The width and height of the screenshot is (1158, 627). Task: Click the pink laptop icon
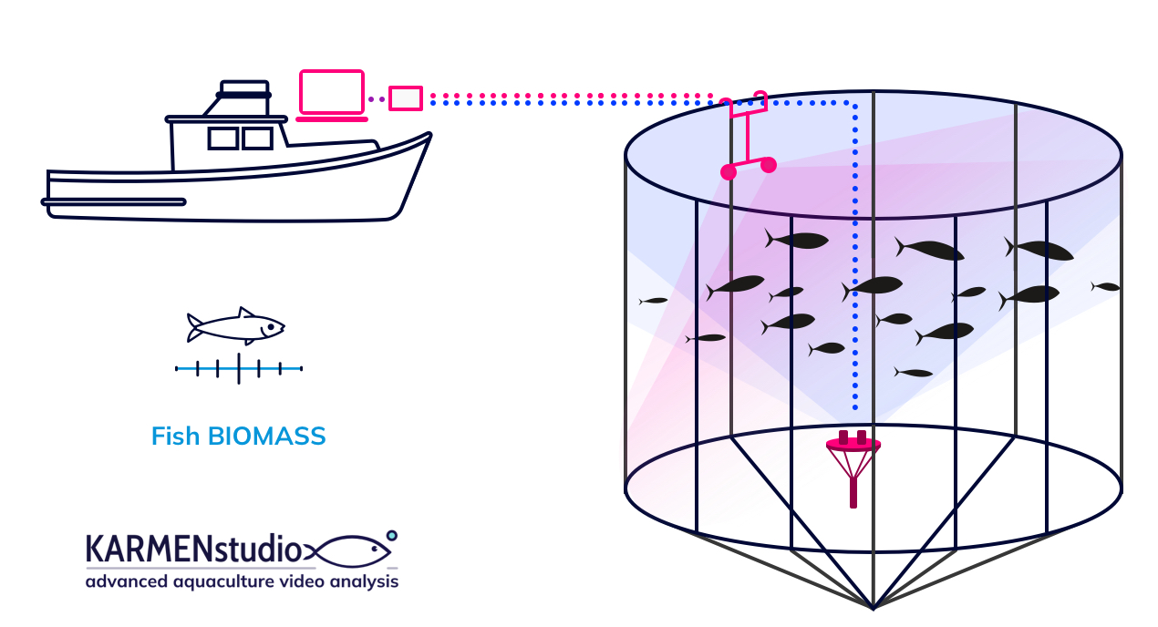[x=332, y=95]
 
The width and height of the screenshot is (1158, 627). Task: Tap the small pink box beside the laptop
[x=406, y=98]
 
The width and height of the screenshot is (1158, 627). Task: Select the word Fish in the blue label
[x=175, y=437]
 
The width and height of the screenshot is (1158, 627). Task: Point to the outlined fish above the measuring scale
[x=235, y=325]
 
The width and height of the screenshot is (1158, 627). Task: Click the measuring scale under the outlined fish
[x=239, y=368]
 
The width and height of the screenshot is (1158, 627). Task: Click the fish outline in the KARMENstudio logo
[x=351, y=551]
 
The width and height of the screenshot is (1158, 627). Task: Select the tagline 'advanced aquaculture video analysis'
[x=242, y=581]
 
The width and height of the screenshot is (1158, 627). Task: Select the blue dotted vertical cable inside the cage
[x=855, y=273]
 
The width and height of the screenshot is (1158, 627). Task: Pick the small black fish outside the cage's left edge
[x=654, y=300]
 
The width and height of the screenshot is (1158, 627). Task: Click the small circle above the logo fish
[x=392, y=535]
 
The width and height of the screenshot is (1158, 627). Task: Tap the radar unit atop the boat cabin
[x=244, y=89]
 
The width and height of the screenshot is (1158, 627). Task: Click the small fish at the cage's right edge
[x=1106, y=287]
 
